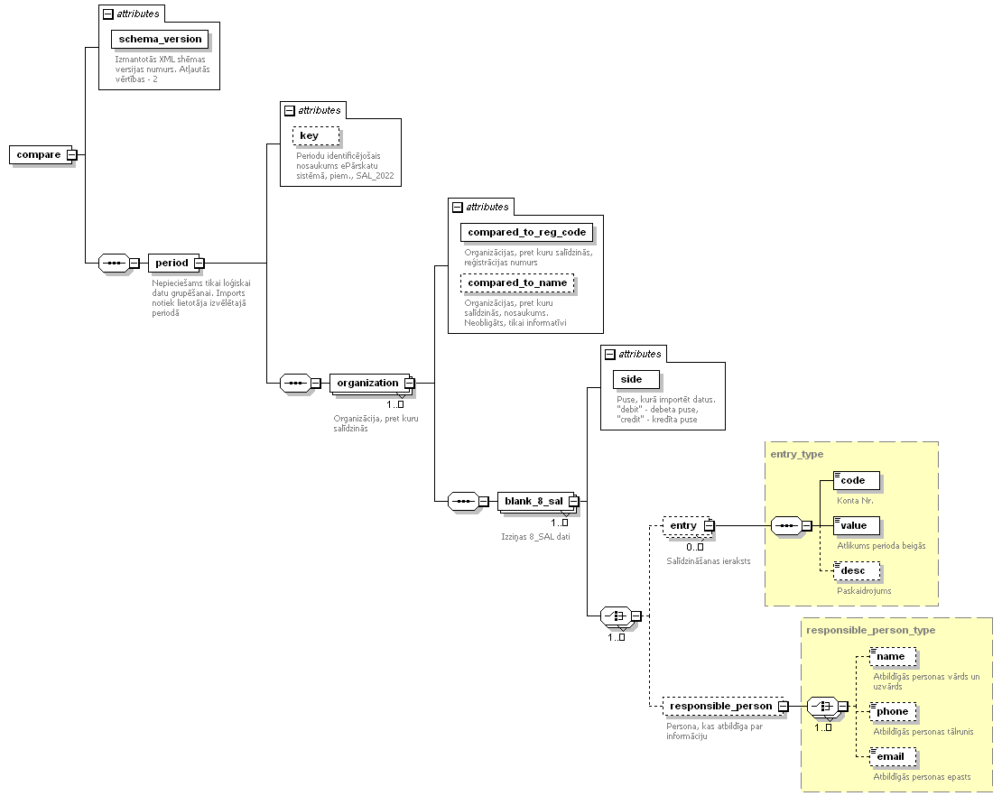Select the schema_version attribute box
click(160, 39)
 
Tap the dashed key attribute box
click(316, 135)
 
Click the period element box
click(173, 263)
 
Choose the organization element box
click(369, 383)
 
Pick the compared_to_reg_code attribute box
click(526, 232)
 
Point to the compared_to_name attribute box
click(517, 283)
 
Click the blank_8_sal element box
click(535, 501)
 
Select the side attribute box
click(636, 379)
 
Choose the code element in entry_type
click(857, 480)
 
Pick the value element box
click(857, 526)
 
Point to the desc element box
click(857, 570)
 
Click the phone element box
click(893, 711)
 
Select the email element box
click(893, 756)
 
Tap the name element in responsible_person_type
click(893, 657)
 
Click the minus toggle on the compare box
click(72, 154)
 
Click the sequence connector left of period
click(115, 263)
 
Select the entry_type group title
click(797, 454)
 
